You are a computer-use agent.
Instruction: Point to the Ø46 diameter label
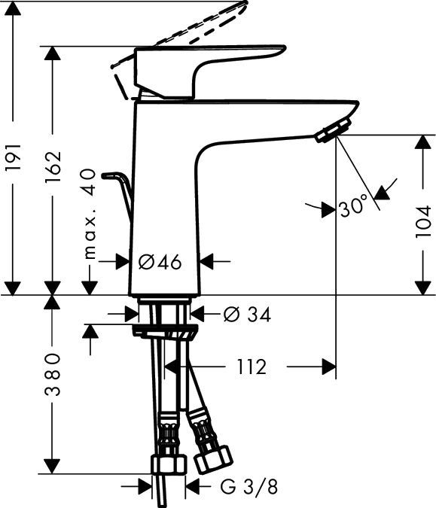click(160, 262)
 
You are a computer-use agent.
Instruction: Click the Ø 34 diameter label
click(248, 314)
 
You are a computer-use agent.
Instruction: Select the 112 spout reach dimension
click(251, 367)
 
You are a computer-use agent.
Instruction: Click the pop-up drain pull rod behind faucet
click(120, 191)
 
